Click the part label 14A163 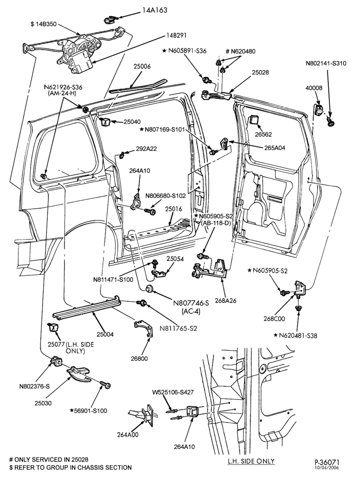point(155,11)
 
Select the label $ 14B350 point(44,24)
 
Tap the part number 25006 point(142,66)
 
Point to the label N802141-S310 point(326,64)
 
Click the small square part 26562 point(255,120)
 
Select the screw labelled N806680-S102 point(149,211)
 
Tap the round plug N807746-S point(150,288)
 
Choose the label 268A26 point(225,301)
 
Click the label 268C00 point(274,319)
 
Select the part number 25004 point(105,334)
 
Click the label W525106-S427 point(173,392)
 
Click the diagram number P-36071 point(327,463)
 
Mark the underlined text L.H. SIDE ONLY point(251,461)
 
